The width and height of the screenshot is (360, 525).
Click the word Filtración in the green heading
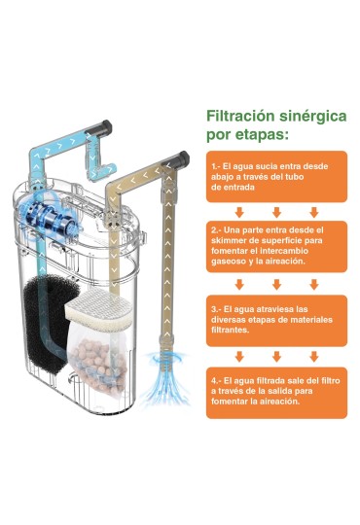pos(239,117)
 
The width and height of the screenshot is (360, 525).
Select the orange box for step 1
pos(276,176)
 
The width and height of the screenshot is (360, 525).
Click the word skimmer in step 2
pos(229,240)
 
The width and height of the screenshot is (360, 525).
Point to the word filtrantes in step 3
pos(230,330)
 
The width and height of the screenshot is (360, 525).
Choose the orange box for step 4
pos(276,393)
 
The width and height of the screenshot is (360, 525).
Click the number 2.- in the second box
pos(216,230)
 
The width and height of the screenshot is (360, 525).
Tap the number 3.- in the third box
pos(216,309)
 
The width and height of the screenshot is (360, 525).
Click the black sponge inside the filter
pos(47,323)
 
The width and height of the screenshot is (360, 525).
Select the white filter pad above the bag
pos(98,310)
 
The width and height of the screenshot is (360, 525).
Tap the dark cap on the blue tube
pos(102,127)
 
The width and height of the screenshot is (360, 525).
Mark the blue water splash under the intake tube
pos(164,377)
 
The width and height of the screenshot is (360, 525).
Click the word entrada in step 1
pos(237,188)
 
